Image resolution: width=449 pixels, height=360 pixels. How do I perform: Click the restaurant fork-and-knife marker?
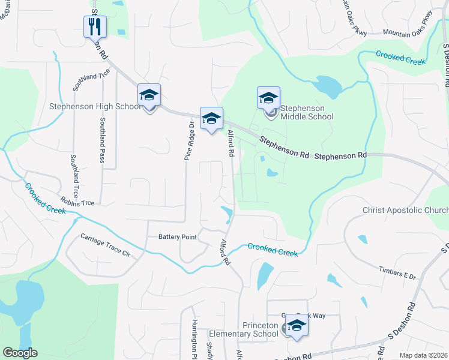94,26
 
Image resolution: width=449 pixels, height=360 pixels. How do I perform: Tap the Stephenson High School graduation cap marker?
149,95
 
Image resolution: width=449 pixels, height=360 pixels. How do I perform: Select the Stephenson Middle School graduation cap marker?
268,98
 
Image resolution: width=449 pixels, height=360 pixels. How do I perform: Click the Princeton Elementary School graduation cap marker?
296,325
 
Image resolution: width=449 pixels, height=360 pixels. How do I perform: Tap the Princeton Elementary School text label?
243,329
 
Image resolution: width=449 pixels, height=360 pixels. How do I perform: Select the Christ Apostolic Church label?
405,211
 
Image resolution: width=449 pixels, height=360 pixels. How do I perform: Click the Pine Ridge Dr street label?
187,141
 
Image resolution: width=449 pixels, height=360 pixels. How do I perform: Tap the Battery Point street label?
178,237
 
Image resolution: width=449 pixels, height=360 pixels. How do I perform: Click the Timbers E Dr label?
397,273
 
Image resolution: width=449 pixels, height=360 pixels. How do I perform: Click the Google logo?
20,353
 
